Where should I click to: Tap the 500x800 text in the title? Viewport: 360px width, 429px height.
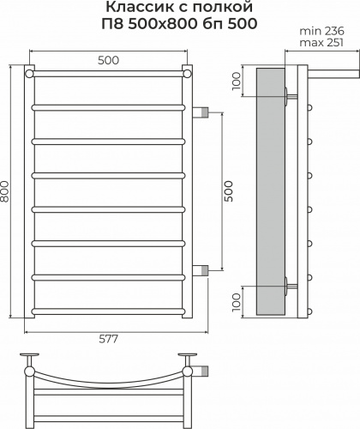(x=162, y=24)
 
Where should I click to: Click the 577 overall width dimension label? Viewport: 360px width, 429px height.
(x=108, y=339)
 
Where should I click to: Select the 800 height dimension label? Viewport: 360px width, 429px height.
(x=5, y=191)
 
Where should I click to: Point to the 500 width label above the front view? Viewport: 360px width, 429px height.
(x=108, y=60)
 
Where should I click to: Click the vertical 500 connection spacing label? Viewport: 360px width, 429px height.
(x=229, y=191)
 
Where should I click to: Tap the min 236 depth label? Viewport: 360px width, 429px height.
(x=321, y=31)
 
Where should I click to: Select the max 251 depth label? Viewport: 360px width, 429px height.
(x=321, y=43)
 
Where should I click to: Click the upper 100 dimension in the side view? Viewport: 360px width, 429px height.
(x=237, y=82)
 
